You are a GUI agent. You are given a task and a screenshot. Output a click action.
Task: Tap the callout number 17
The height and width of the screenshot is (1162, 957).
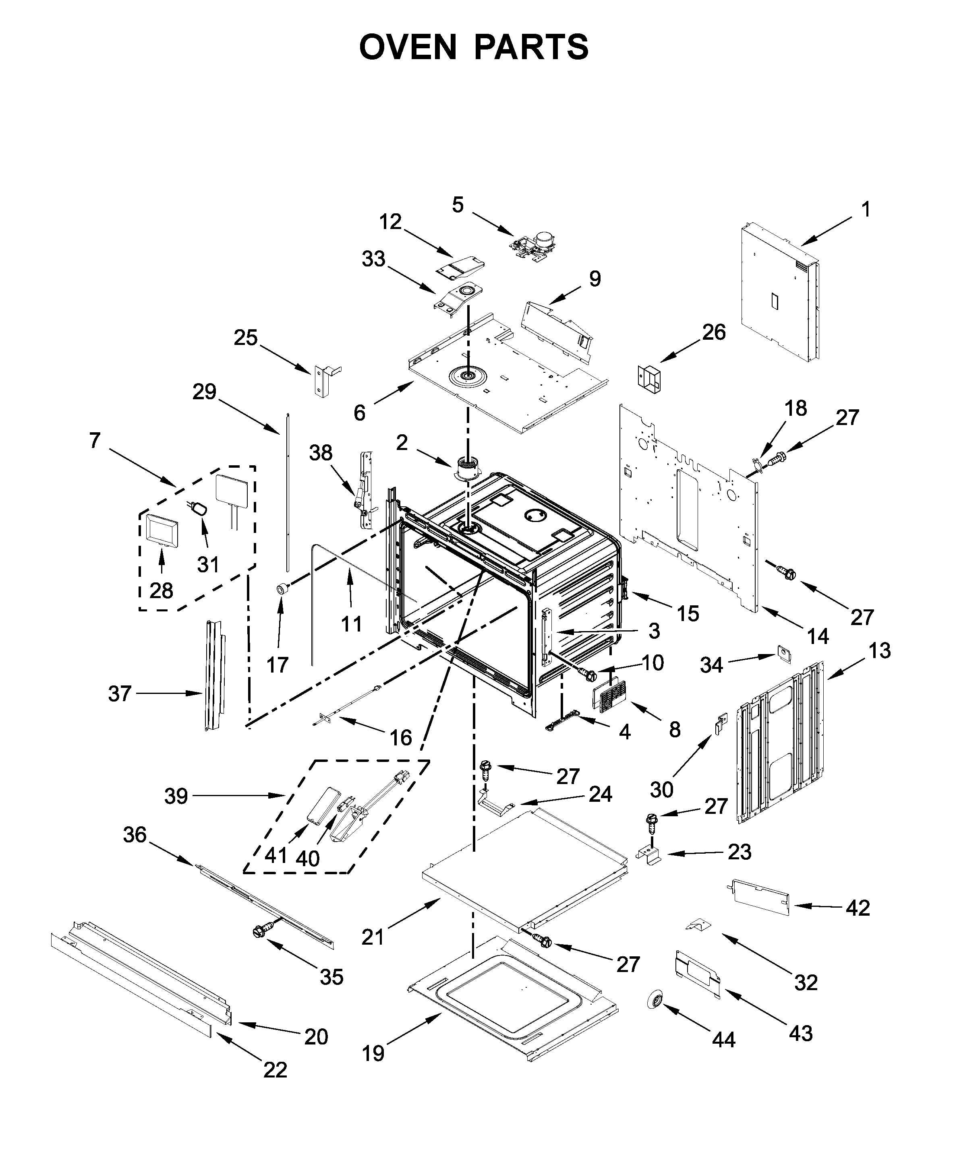pyautogui.click(x=277, y=665)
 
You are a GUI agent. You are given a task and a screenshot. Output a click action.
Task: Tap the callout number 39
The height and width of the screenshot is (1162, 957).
pyautogui.click(x=176, y=796)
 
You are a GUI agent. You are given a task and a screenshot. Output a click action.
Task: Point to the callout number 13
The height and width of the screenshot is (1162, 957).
pyautogui.click(x=879, y=651)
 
